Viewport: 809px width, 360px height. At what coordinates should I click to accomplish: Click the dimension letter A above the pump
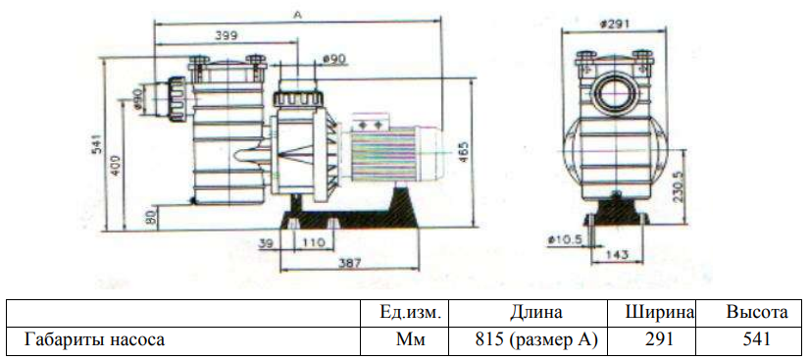point(297,16)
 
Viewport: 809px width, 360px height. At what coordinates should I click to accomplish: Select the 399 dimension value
point(226,35)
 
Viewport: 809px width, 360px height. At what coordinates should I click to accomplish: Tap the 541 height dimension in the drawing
point(98,145)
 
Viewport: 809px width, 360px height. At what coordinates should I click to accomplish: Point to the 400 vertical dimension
point(117,165)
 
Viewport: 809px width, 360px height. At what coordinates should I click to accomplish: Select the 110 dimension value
point(314,242)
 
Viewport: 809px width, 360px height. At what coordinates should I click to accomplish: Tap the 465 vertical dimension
point(464,152)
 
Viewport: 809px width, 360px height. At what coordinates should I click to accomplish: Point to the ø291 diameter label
point(615,24)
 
